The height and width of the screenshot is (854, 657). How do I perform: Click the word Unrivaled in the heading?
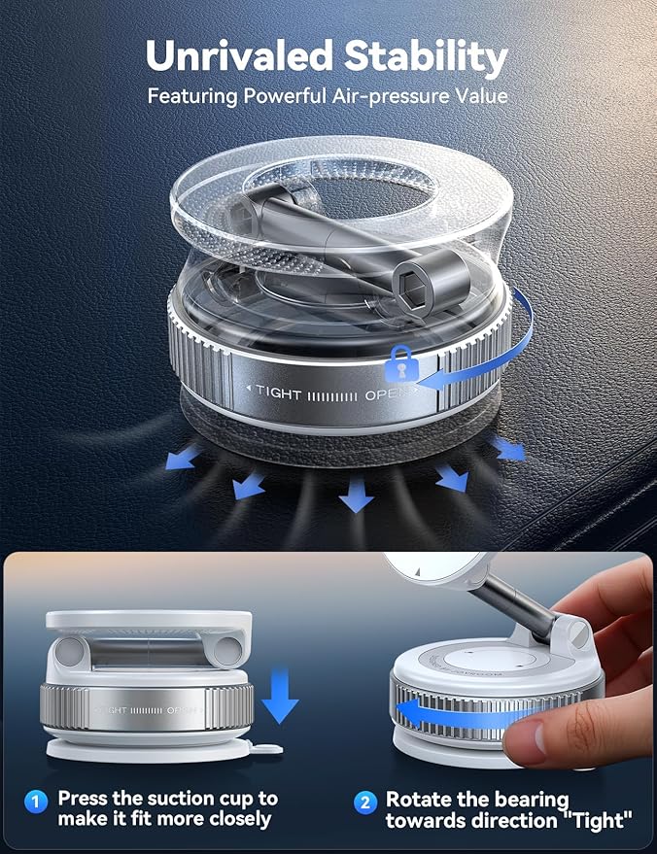[236, 57]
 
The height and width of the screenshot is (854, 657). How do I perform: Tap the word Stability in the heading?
[423, 57]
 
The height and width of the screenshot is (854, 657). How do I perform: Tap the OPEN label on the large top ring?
[387, 394]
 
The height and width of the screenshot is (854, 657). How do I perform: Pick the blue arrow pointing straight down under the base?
[356, 496]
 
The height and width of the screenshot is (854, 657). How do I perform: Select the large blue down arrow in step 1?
[280, 693]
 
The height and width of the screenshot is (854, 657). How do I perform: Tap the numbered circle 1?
[36, 802]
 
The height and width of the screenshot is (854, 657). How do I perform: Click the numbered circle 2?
[364, 802]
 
